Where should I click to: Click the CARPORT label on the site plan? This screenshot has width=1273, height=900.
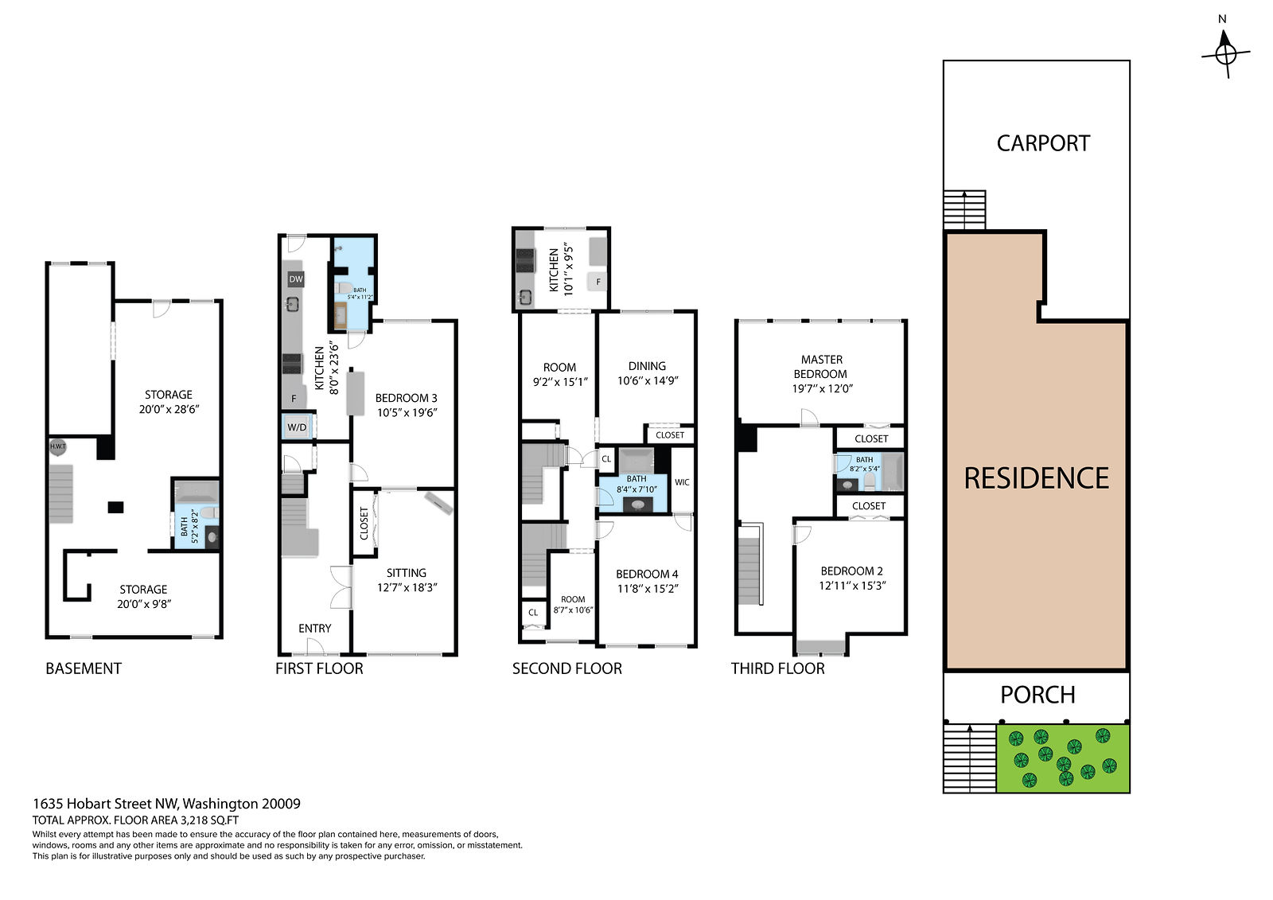coord(1043,143)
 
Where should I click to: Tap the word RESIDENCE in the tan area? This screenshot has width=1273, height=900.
coord(1037,478)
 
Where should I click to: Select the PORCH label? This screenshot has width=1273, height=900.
coord(1037,695)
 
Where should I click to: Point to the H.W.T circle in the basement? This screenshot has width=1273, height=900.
coord(57,446)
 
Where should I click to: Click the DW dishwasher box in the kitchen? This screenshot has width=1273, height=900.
coord(296,279)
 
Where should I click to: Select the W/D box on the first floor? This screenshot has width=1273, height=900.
coord(297,427)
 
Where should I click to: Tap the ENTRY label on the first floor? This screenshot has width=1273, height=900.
coord(315,628)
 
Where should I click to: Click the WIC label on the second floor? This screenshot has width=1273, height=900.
coord(682,482)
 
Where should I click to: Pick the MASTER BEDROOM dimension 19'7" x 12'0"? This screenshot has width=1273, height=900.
coord(823,389)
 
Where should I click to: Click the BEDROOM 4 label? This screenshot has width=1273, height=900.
coord(648,575)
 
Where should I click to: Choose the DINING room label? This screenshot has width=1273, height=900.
coord(648,366)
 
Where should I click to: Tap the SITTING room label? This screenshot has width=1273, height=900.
coord(407,573)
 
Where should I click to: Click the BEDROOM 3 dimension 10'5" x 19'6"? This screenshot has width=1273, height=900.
coord(407,413)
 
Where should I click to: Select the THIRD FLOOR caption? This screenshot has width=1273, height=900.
coord(777,668)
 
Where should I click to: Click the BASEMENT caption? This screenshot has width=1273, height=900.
coord(84,668)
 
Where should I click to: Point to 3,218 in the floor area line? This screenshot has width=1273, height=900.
coord(195,820)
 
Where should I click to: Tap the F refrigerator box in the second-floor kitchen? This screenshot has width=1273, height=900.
coord(598,282)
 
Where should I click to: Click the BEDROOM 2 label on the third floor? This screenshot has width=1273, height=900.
coord(852,571)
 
